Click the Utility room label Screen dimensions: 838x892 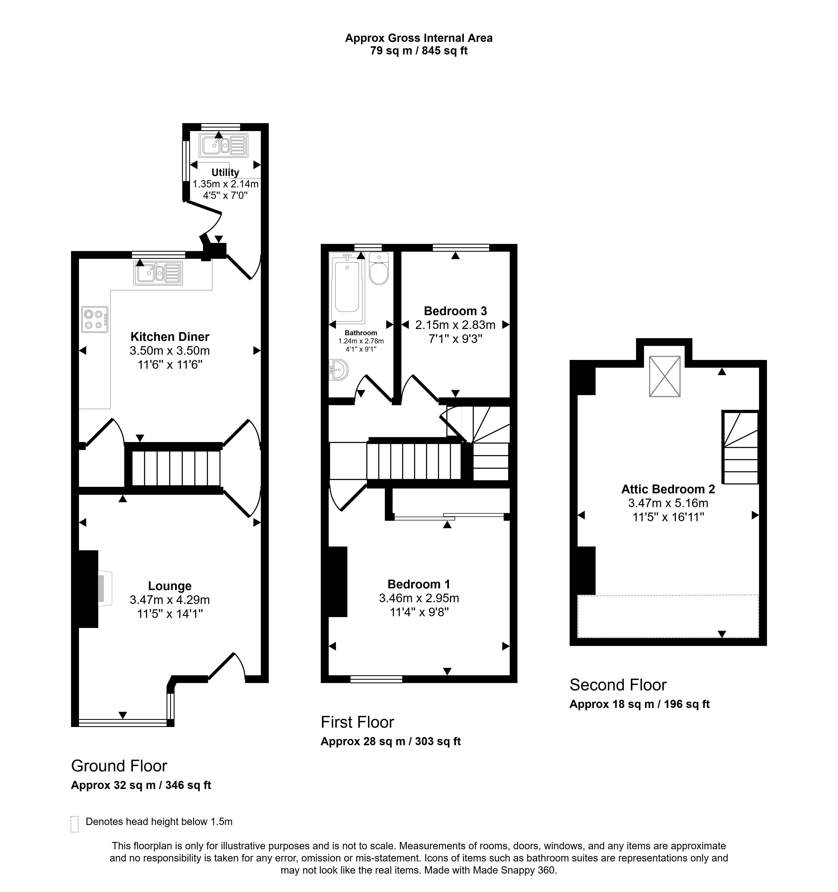[x=225, y=172]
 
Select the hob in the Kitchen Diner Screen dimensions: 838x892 [x=95, y=319]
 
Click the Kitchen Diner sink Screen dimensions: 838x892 [x=158, y=273]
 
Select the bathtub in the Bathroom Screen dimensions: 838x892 [x=347, y=288]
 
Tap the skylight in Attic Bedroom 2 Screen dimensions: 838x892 [x=665, y=376]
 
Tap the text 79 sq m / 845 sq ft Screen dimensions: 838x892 [x=419, y=51]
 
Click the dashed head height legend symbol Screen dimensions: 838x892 [x=75, y=824]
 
